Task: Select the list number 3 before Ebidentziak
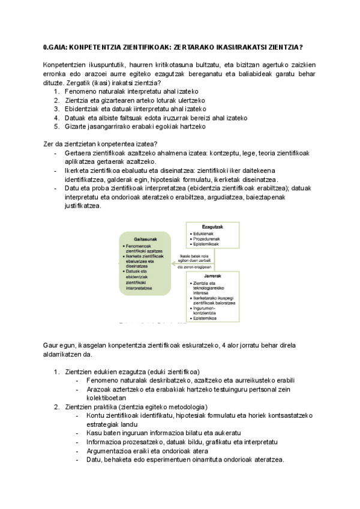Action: point(56,109)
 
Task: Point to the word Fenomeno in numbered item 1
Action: point(82,91)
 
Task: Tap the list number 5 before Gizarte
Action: point(56,127)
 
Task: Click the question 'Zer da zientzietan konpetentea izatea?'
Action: point(100,144)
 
